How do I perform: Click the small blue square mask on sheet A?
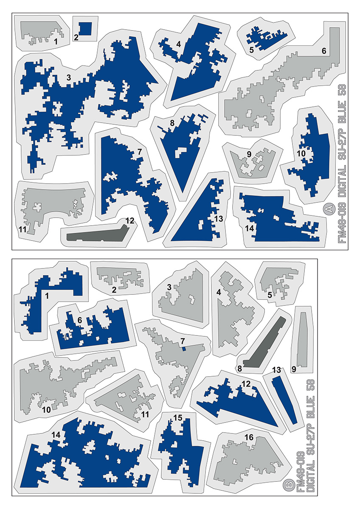(x=85, y=29)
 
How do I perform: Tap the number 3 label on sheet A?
(x=68, y=78)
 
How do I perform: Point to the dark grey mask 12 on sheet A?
(x=97, y=234)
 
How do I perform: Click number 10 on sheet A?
(x=301, y=154)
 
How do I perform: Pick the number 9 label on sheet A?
(x=249, y=154)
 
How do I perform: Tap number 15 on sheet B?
(x=178, y=417)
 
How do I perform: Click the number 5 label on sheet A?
(x=251, y=50)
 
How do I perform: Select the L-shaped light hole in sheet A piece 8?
(x=180, y=152)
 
